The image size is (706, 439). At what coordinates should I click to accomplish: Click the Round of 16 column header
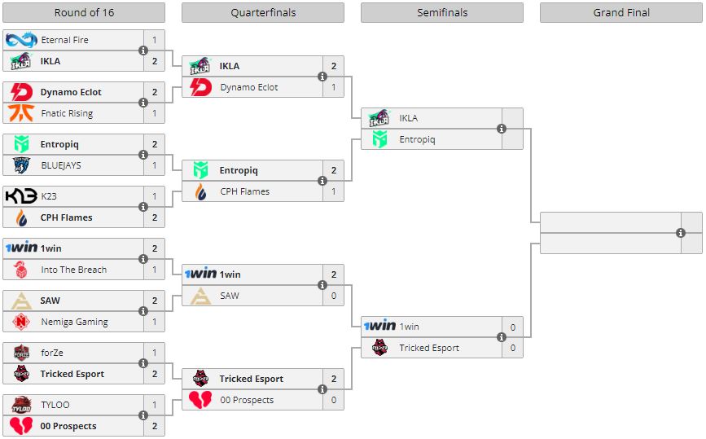click(x=84, y=13)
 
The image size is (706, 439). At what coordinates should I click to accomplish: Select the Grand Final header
click(x=620, y=13)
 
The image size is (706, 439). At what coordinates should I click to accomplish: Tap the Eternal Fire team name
click(x=64, y=40)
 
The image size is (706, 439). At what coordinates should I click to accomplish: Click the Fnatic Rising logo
click(x=20, y=113)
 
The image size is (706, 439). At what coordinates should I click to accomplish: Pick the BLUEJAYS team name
click(x=61, y=165)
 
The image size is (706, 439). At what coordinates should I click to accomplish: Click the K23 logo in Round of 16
click(x=20, y=196)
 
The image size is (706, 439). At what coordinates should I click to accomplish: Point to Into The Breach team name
click(x=73, y=270)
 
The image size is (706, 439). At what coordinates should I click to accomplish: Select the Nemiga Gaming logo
click(x=20, y=322)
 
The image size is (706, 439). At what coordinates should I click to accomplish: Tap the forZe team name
click(x=52, y=353)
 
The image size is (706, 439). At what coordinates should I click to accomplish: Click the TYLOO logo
click(x=20, y=405)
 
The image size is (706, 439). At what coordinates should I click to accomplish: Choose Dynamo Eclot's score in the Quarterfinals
click(x=333, y=87)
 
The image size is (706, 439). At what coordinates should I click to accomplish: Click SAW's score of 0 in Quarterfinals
click(x=333, y=296)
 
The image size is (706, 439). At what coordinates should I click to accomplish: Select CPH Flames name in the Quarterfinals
click(x=244, y=191)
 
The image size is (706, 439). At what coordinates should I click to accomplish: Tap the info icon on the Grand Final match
click(x=681, y=233)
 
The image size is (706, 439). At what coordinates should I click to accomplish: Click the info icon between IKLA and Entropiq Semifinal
click(x=502, y=129)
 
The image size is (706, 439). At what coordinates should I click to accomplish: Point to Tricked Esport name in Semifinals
click(x=428, y=348)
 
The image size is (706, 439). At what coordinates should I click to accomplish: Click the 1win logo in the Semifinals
click(x=379, y=327)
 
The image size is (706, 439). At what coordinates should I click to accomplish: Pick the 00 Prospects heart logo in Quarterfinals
click(x=200, y=400)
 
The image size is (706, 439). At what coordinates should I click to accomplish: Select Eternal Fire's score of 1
click(x=154, y=40)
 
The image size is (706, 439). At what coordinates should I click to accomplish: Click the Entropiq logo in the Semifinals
click(x=379, y=139)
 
